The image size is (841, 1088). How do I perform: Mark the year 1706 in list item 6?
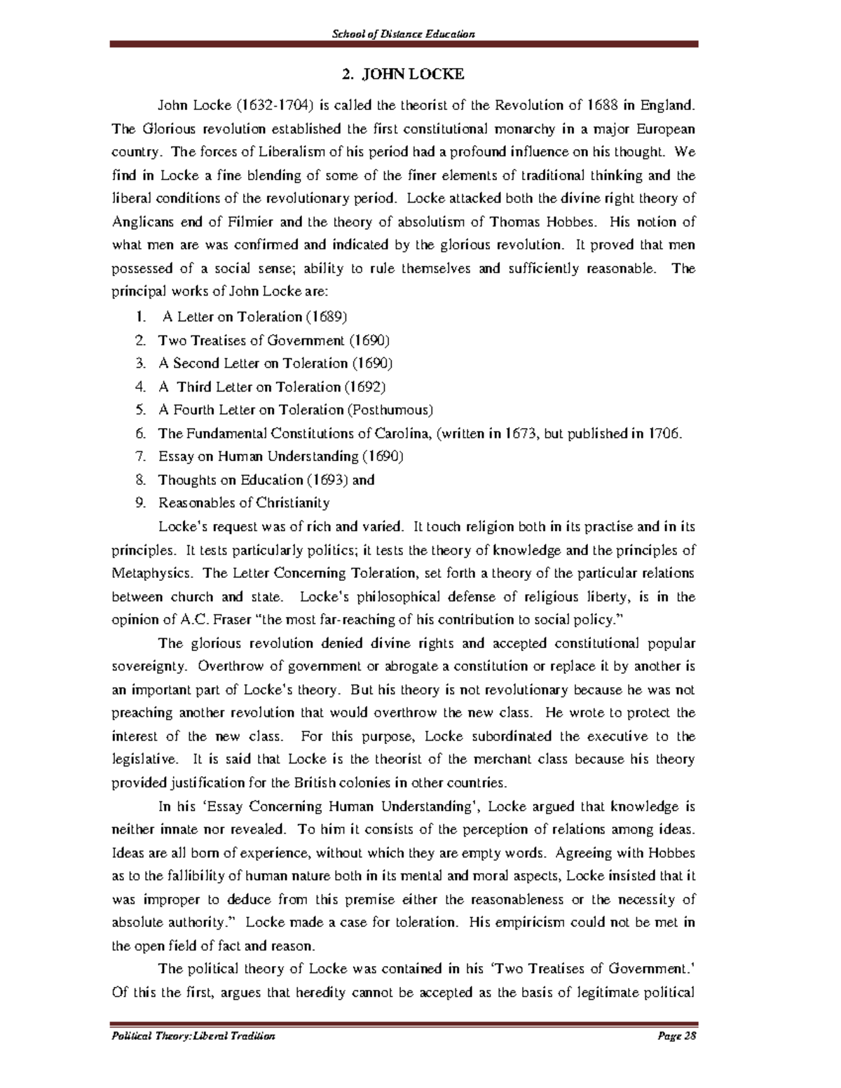click(663, 434)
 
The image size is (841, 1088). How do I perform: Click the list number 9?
click(140, 503)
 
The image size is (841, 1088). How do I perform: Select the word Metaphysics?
click(151, 573)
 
